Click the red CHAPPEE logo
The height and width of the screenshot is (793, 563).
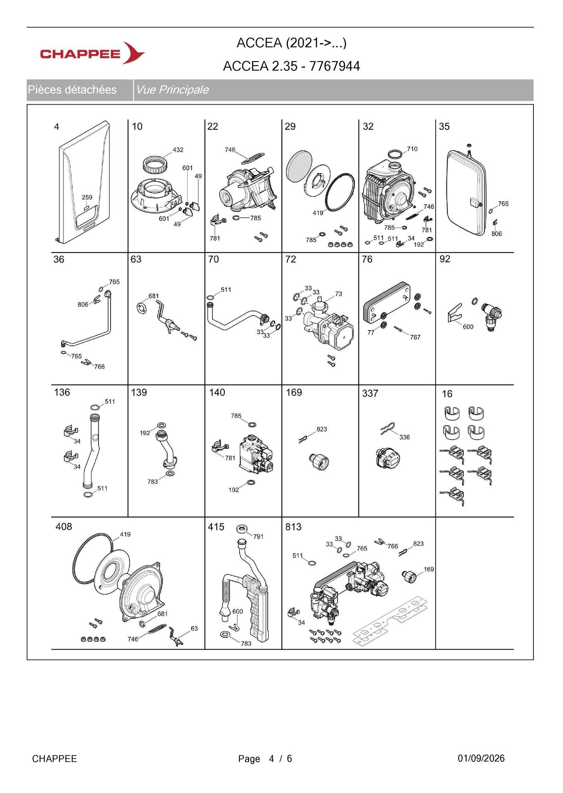[x=92, y=53]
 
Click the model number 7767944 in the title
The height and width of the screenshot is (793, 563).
[x=335, y=66]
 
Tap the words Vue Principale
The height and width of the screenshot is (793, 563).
[x=172, y=89]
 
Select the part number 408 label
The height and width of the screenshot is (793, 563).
[x=63, y=527]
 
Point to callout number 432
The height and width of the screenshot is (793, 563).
[x=178, y=150]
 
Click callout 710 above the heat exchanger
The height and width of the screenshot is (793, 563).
[x=412, y=149]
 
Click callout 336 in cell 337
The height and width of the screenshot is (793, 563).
[x=404, y=437]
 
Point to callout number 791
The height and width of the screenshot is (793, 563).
[x=258, y=536]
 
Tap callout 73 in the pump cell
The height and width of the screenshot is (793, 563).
[x=339, y=294]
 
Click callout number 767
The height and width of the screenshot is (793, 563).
[x=415, y=337]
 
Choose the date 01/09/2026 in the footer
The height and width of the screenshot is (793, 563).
[x=481, y=758]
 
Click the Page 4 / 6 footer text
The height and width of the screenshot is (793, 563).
[x=265, y=759]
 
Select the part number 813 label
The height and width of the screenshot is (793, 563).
[x=293, y=527]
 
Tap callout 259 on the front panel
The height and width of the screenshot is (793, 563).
[x=87, y=197]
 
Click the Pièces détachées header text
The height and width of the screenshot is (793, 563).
[x=72, y=89]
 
